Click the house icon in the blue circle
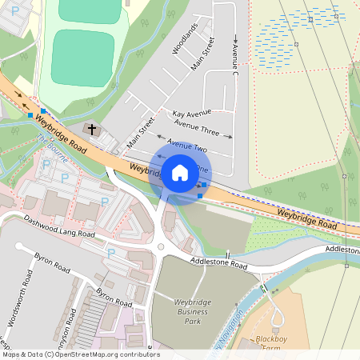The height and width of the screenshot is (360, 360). tap(180, 172)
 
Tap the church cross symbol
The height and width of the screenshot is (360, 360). tap(92, 129)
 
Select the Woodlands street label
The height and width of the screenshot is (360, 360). tap(185, 38)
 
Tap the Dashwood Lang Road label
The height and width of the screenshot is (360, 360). tap(59, 227)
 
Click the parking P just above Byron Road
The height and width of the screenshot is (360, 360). tap(111, 253)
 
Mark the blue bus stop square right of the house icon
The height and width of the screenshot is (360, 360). tap(204, 185)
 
